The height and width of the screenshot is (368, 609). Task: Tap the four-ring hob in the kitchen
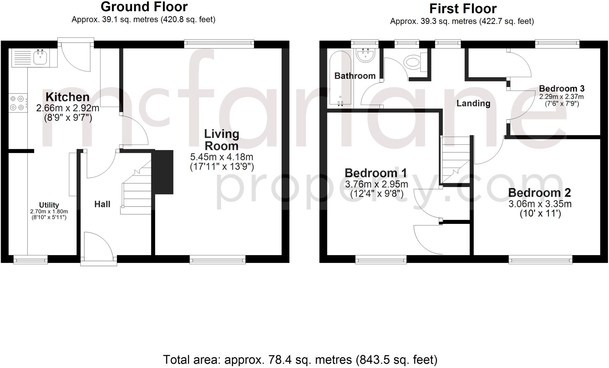[17, 103]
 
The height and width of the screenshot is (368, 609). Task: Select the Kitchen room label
[67, 97]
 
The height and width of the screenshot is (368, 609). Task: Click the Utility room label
[49, 205]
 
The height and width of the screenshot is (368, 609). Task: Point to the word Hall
[102, 204]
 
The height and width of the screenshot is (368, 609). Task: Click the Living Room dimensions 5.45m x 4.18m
[222, 157]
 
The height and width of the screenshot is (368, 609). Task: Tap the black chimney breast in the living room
[164, 172]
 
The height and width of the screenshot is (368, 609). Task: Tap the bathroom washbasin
[366, 56]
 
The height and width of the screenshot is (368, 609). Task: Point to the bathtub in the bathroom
[341, 79]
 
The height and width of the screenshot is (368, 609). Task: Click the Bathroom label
[355, 76]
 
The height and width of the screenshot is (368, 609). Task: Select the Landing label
[473, 103]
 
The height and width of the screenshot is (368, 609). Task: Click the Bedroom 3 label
[561, 88]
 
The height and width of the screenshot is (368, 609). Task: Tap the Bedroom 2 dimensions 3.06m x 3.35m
[540, 204]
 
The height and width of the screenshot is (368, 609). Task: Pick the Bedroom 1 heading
[376, 173]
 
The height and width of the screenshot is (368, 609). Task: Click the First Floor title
[463, 9]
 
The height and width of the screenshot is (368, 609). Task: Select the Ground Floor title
[144, 7]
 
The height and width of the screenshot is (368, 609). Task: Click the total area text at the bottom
[300, 360]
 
